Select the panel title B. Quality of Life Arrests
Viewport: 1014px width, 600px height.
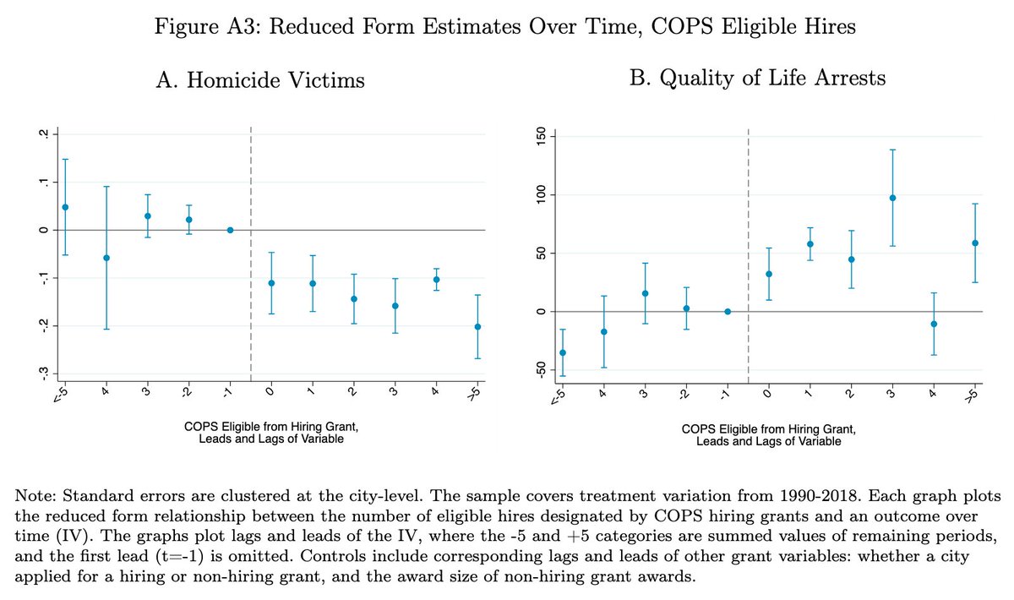tap(758, 79)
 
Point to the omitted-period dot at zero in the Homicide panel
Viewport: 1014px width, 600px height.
tap(230, 230)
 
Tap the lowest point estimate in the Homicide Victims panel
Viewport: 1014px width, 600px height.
tap(477, 327)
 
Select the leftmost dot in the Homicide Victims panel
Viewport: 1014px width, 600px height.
tap(65, 207)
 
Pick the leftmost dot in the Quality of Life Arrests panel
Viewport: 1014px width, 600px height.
tap(563, 352)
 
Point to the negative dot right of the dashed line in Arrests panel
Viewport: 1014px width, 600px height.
tap(933, 324)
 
